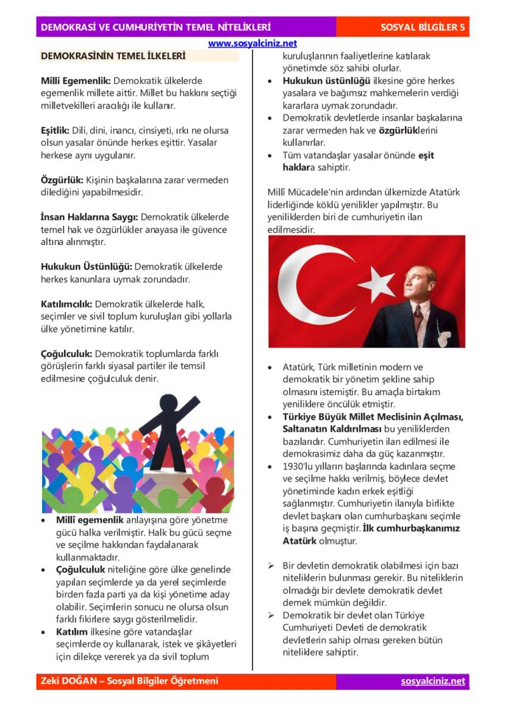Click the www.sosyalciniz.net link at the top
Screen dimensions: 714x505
pyautogui.click(x=253, y=44)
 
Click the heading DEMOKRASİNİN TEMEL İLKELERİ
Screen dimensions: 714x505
pyautogui.click(x=113, y=57)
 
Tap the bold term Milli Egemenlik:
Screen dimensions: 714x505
pyautogui.click(x=76, y=80)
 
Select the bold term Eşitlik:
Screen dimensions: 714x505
pyautogui.click(x=55, y=130)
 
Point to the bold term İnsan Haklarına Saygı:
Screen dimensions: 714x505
pyautogui.click(x=90, y=216)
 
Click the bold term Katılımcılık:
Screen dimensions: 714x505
pyautogui.click(x=66, y=304)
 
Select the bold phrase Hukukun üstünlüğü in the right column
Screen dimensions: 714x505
pyautogui.click(x=326, y=80)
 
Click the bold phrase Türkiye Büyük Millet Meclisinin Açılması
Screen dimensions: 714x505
pyautogui.click(x=373, y=416)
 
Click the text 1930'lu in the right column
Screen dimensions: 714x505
pyautogui.click(x=299, y=466)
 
